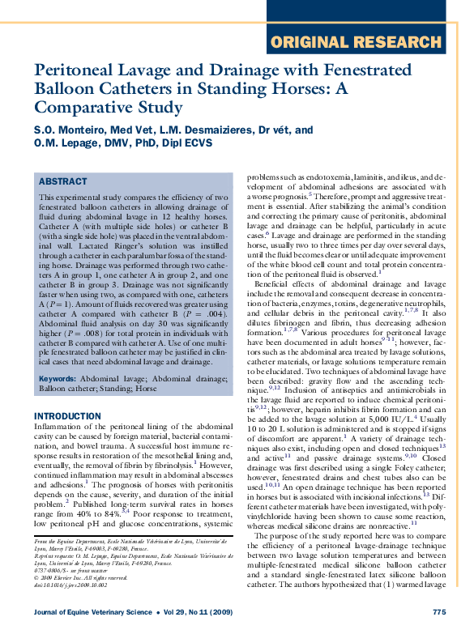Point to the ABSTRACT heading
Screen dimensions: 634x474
pyautogui.click(x=63, y=182)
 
